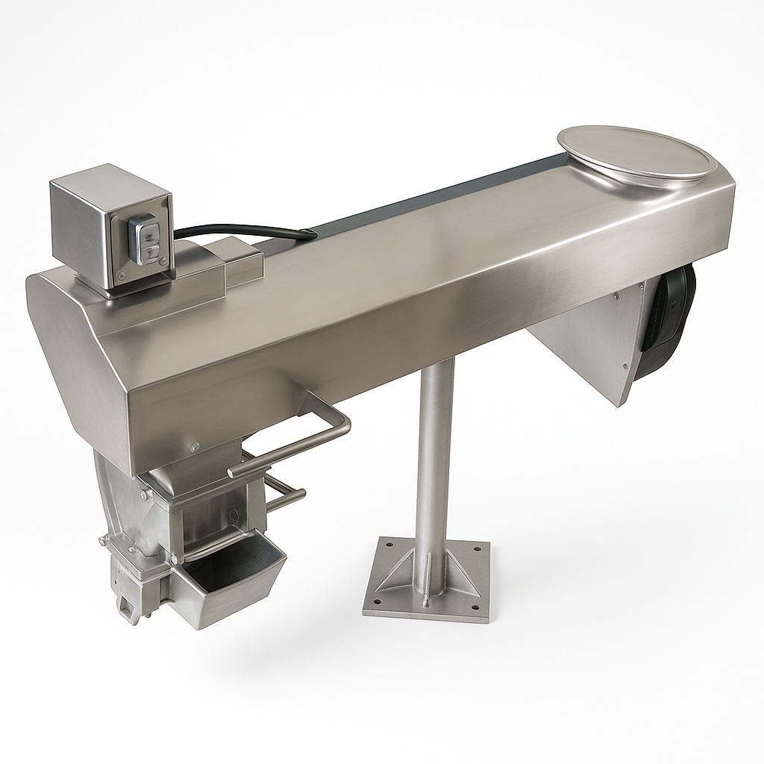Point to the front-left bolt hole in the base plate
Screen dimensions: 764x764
(x=377, y=599)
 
